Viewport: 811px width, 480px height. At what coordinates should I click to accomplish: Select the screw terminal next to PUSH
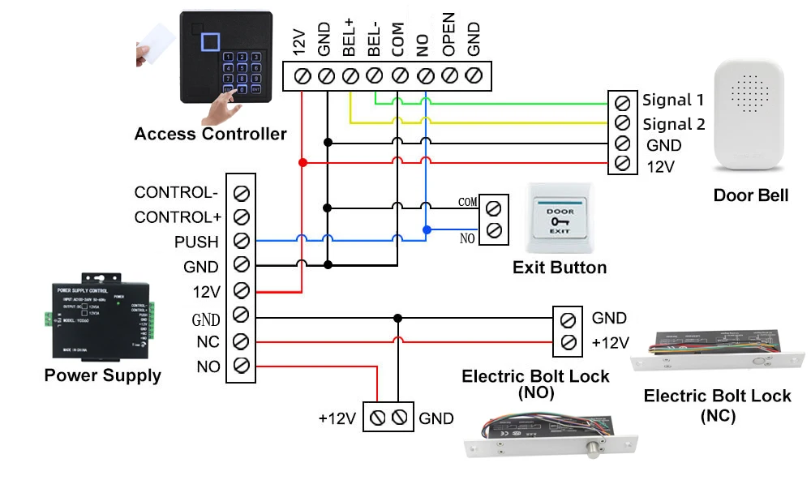pos(241,242)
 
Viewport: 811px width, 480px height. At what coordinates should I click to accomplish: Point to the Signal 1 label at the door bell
pos(673,101)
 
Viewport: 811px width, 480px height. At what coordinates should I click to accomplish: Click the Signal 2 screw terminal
pos(622,123)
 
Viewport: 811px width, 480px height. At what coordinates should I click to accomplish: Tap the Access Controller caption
pos(210,134)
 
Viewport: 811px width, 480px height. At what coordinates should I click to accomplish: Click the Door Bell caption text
pos(750,195)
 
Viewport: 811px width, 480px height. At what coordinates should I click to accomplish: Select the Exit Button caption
pos(560,268)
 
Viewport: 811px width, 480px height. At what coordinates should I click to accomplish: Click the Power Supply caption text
pos(102,375)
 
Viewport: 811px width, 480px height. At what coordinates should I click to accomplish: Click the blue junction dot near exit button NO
pos(425,229)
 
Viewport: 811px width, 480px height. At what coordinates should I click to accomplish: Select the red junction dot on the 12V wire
pos(302,163)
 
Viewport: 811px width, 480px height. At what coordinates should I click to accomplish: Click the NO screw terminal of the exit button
pos(493,230)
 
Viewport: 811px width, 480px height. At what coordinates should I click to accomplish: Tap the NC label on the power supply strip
pos(208,342)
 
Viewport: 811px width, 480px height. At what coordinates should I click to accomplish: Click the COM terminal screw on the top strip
pos(399,76)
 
